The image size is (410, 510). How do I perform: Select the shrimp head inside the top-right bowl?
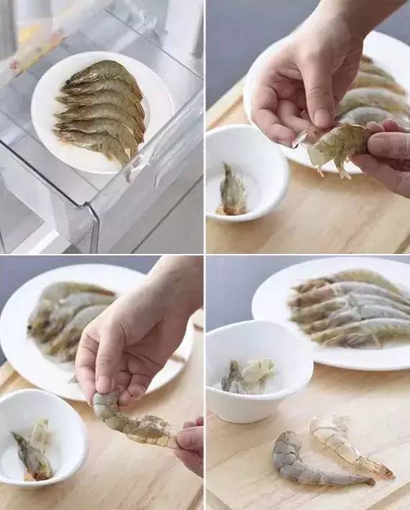pyautogui.click(x=232, y=191)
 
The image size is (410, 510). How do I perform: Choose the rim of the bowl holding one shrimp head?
pyautogui.click(x=245, y=132)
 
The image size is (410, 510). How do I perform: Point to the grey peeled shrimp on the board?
pyautogui.click(x=309, y=460)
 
